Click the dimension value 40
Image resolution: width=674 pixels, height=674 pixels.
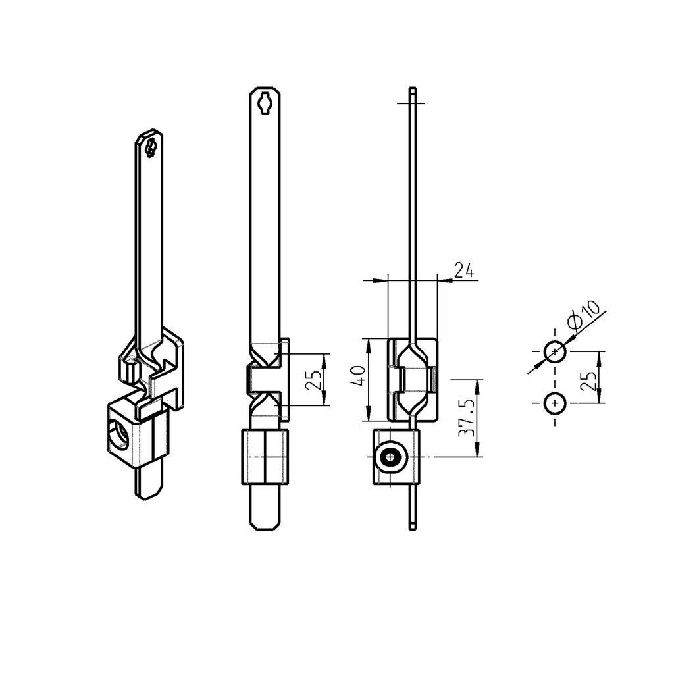(359, 378)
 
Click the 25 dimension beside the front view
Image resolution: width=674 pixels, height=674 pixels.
(315, 380)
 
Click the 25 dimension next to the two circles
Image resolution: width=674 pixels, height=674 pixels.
(590, 378)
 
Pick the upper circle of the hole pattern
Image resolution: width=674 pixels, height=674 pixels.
(555, 351)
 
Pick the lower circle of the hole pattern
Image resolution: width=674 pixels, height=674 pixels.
(555, 403)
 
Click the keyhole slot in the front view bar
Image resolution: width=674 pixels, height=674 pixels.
(265, 102)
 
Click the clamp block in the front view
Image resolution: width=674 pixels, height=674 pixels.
(265, 457)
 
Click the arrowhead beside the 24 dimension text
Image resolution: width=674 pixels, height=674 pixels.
(446, 280)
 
